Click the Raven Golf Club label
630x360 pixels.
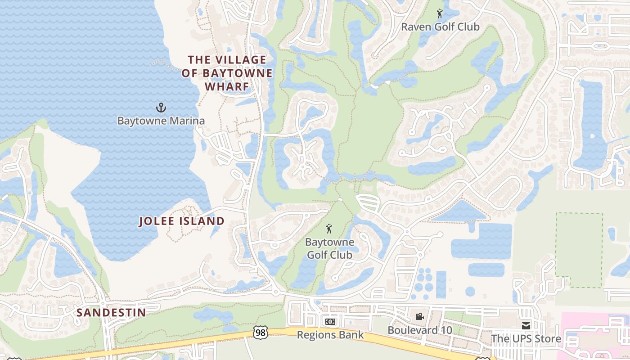click(x=440, y=27)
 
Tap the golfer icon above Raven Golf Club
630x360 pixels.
click(x=440, y=14)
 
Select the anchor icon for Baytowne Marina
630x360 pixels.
click(x=161, y=108)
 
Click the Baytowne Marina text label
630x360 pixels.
click(x=161, y=121)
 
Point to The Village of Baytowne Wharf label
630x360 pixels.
click(x=227, y=73)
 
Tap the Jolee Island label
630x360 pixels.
click(x=181, y=221)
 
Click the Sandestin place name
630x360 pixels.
click(x=111, y=312)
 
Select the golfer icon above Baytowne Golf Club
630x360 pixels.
click(x=329, y=229)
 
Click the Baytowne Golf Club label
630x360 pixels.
click(x=329, y=248)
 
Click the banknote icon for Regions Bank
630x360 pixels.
click(x=330, y=322)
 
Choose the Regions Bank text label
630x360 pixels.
click(x=330, y=335)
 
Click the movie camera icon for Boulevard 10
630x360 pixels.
click(x=419, y=317)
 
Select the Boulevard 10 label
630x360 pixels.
click(x=419, y=330)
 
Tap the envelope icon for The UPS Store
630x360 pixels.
click(x=526, y=325)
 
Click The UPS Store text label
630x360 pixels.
click(x=526, y=339)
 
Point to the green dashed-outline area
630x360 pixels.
click(x=579, y=250)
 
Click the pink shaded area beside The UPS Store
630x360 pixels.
click(x=594, y=333)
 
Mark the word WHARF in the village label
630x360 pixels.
click(x=227, y=86)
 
